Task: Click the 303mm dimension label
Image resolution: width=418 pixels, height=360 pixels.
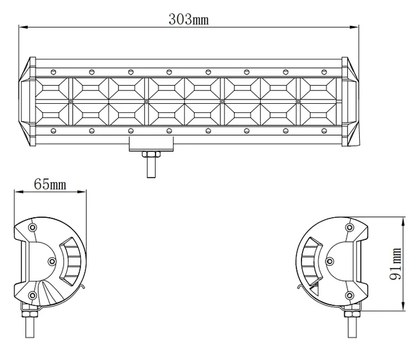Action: point(189,19)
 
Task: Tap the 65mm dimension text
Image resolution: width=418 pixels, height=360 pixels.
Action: point(50,184)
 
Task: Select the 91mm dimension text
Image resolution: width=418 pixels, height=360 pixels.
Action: point(396,263)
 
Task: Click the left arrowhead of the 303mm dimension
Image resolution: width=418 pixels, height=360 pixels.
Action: point(23,27)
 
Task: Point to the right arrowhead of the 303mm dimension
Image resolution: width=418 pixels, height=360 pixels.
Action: point(354,27)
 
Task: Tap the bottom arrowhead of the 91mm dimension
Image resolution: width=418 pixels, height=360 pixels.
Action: point(404,305)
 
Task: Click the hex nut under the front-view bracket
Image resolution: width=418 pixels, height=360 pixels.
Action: point(151,154)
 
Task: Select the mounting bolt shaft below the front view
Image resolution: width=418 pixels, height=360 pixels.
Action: point(151,167)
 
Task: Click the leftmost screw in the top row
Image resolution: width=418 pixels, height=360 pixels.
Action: point(53,71)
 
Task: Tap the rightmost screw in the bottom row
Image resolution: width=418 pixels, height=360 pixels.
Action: point(324,131)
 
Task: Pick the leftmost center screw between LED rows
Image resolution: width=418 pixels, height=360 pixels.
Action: point(70,101)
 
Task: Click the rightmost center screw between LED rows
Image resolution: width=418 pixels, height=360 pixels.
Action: point(298,101)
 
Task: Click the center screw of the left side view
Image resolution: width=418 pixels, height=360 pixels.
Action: point(52,262)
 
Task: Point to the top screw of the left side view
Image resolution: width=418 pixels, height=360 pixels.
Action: point(32,227)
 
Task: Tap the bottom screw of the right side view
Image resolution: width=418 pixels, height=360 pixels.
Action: point(350,295)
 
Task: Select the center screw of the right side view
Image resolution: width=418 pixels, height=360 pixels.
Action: point(330,261)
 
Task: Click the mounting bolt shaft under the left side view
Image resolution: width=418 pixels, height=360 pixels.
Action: point(29,328)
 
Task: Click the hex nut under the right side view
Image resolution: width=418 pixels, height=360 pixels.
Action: point(352,314)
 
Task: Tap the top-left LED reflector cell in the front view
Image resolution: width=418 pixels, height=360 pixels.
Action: point(51,88)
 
